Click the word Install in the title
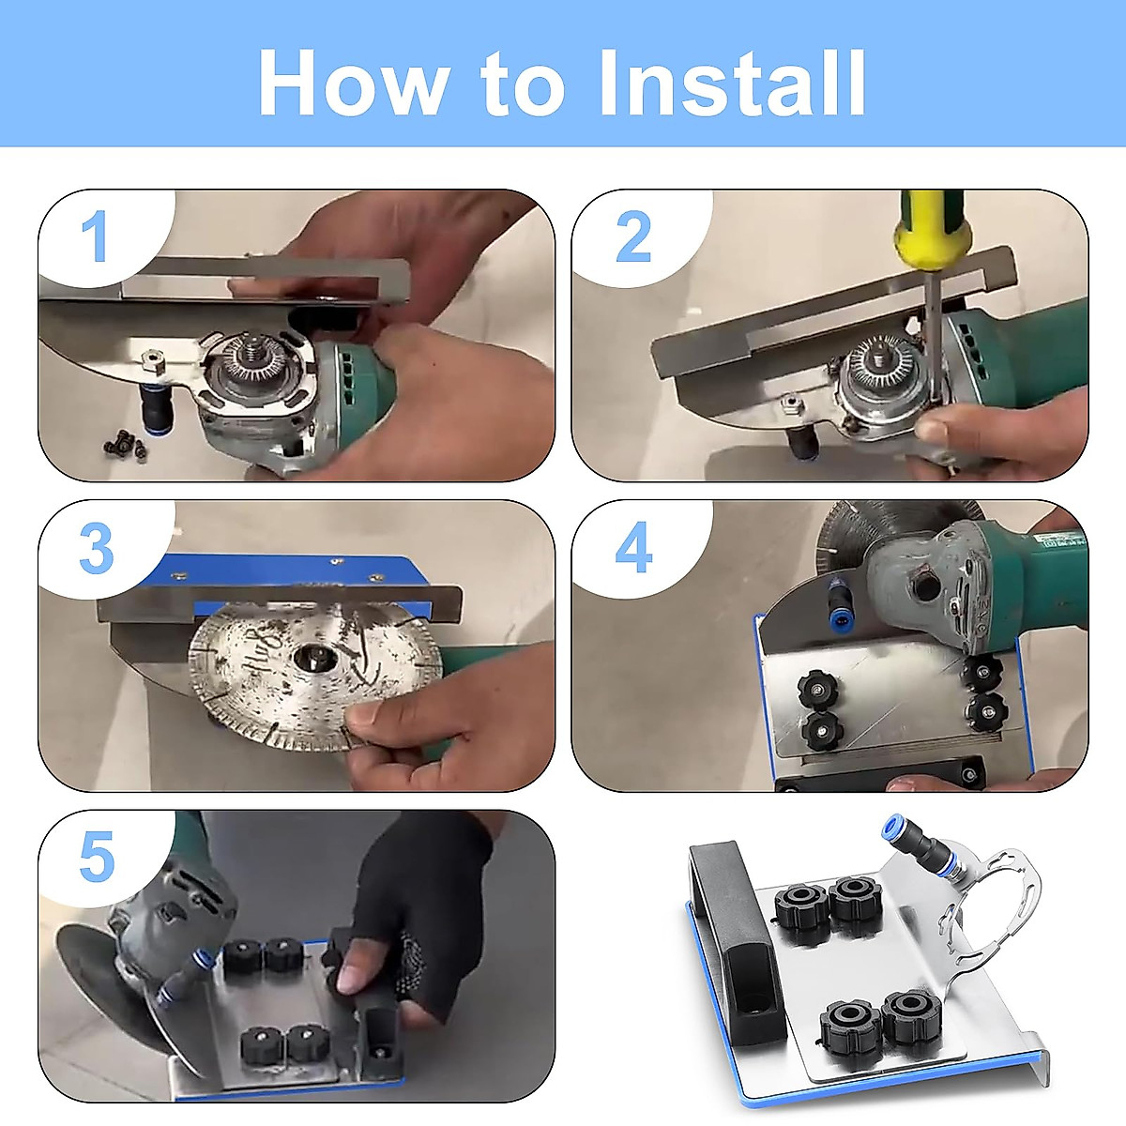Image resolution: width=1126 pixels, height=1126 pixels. pyautogui.click(x=733, y=83)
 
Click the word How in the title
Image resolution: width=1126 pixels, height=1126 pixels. pyautogui.click(x=353, y=83)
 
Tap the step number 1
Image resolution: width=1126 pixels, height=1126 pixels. pyautogui.click(x=94, y=236)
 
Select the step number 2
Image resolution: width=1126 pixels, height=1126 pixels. pyautogui.click(x=633, y=236)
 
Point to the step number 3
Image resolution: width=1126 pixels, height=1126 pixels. pyautogui.click(x=97, y=548)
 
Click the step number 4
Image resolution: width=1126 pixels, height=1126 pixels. pyautogui.click(x=634, y=547)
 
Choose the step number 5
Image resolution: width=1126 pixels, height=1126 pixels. pyautogui.click(x=97, y=857)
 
